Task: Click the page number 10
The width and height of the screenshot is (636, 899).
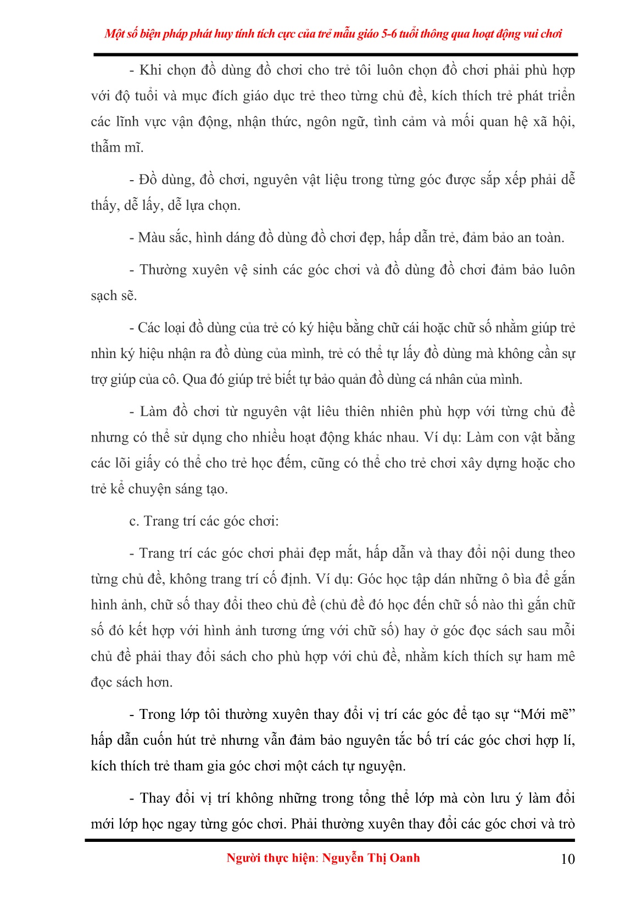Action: (567, 859)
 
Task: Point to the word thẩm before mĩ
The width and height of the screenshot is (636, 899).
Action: (105, 147)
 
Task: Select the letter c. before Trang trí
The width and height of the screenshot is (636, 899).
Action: (134, 521)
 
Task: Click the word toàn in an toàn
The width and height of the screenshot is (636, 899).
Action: (549, 238)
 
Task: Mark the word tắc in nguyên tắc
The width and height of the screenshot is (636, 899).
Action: (401, 740)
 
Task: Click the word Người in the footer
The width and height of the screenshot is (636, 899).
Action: (243, 858)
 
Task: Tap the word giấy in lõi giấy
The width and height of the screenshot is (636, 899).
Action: (147, 464)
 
